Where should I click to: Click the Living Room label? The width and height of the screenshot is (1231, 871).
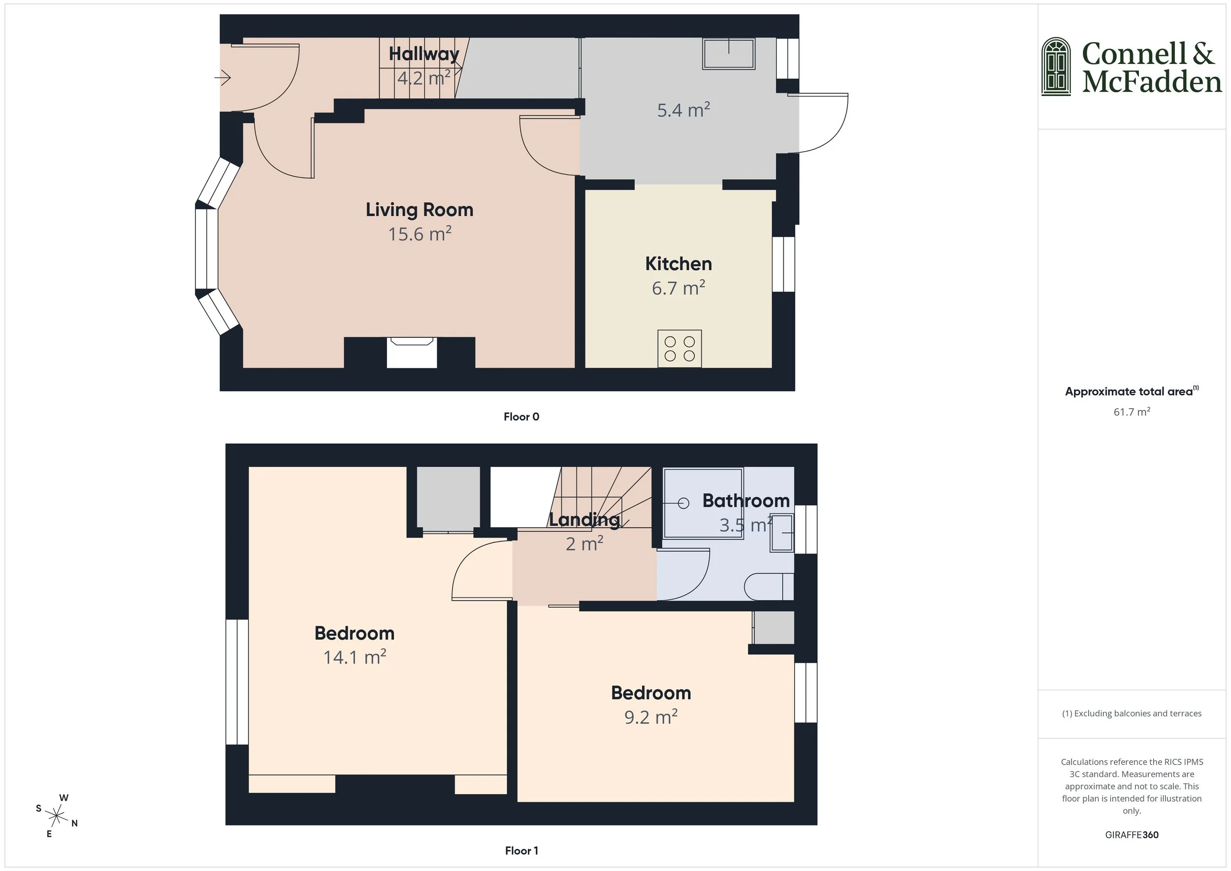[x=419, y=210]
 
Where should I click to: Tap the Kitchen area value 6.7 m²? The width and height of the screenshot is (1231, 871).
[x=678, y=289]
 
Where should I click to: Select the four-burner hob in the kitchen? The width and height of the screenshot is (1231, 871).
[x=679, y=349]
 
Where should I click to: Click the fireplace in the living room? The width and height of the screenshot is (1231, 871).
[x=412, y=353]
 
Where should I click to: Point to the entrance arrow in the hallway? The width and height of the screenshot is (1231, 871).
[x=223, y=78]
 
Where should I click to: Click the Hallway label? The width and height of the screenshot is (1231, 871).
[x=424, y=54]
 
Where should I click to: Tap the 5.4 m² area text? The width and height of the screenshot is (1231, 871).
[x=683, y=110]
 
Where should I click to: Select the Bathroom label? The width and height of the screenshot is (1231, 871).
[x=745, y=500]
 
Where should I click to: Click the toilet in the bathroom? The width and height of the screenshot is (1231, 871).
[x=768, y=587]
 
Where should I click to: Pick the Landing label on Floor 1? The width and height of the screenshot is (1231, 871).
[x=584, y=519]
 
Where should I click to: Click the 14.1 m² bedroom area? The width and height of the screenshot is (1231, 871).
[x=355, y=657]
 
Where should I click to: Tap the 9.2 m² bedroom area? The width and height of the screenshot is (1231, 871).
[x=650, y=717]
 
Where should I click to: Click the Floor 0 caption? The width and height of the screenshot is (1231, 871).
[x=521, y=417]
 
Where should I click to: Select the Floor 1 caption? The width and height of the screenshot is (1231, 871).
[x=521, y=851]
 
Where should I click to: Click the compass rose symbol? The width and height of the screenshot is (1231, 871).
[x=56, y=816]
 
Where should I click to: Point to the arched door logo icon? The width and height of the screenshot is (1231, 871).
[x=1056, y=66]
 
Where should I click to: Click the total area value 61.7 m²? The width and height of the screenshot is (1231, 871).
[x=1131, y=412]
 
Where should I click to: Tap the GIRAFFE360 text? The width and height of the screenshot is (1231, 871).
[x=1131, y=835]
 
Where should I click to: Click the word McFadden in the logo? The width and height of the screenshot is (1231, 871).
[x=1151, y=82]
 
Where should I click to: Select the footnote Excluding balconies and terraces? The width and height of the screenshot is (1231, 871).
[x=1131, y=713]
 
